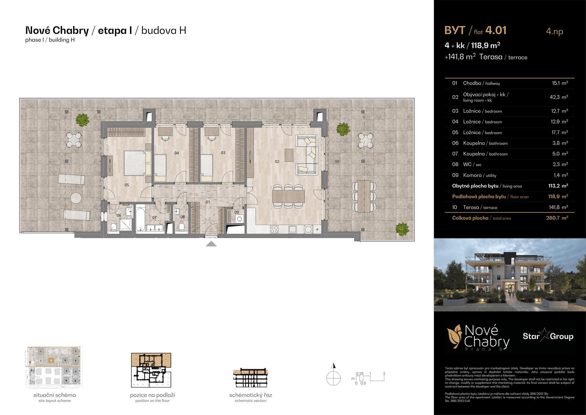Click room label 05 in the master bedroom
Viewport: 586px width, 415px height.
pyautogui.click(x=127, y=185)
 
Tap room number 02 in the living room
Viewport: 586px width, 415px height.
pyautogui.click(x=277, y=161)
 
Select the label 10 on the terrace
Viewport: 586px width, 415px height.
pyautogui.click(x=337, y=162)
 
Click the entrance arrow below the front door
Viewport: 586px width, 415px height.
pyautogui.click(x=211, y=244)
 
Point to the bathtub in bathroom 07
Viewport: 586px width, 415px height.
pyautogui.click(x=140, y=219)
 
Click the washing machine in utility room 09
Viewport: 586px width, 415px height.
pyautogui.click(x=240, y=219)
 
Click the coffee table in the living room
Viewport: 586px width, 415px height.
pyautogui.click(x=289, y=155)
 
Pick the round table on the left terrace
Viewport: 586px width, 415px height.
pyautogui.click(x=76, y=198)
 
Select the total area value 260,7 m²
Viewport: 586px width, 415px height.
pyautogui.click(x=557, y=218)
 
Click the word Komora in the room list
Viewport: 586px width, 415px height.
pyautogui.click(x=472, y=175)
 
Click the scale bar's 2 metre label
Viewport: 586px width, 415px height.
pyautogui.click(x=384, y=374)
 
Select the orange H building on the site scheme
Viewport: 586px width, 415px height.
pyautogui.click(x=52, y=361)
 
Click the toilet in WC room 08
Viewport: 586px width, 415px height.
pyautogui.click(x=182, y=227)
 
